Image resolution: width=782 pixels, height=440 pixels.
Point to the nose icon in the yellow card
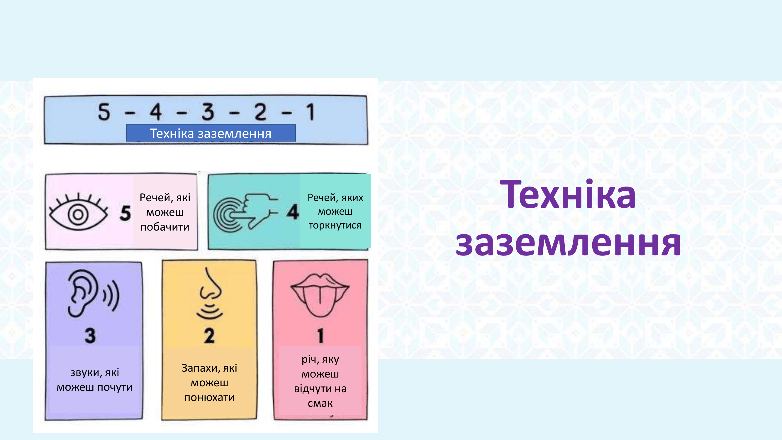click(x=210, y=293)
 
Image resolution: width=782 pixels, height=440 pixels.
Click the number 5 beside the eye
click(x=125, y=213)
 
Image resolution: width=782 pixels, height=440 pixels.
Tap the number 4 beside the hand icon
click(x=293, y=212)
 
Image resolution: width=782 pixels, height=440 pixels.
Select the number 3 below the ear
click(x=90, y=336)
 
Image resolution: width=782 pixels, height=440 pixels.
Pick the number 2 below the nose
click(x=209, y=336)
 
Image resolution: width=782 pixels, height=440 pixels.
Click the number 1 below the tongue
click(x=320, y=336)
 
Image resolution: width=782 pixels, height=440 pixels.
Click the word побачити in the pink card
click(x=165, y=227)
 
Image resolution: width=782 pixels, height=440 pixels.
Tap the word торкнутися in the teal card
click(x=335, y=225)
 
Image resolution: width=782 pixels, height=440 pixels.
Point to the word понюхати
click(x=209, y=397)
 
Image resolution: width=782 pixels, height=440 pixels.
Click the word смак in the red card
click(x=320, y=404)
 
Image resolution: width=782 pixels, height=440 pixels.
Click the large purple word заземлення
click(x=568, y=243)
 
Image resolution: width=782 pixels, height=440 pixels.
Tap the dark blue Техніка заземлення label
click(x=211, y=133)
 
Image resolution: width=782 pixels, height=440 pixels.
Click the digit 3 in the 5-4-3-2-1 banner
click(x=208, y=112)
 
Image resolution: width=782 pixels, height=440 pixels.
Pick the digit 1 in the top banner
click(x=310, y=112)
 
